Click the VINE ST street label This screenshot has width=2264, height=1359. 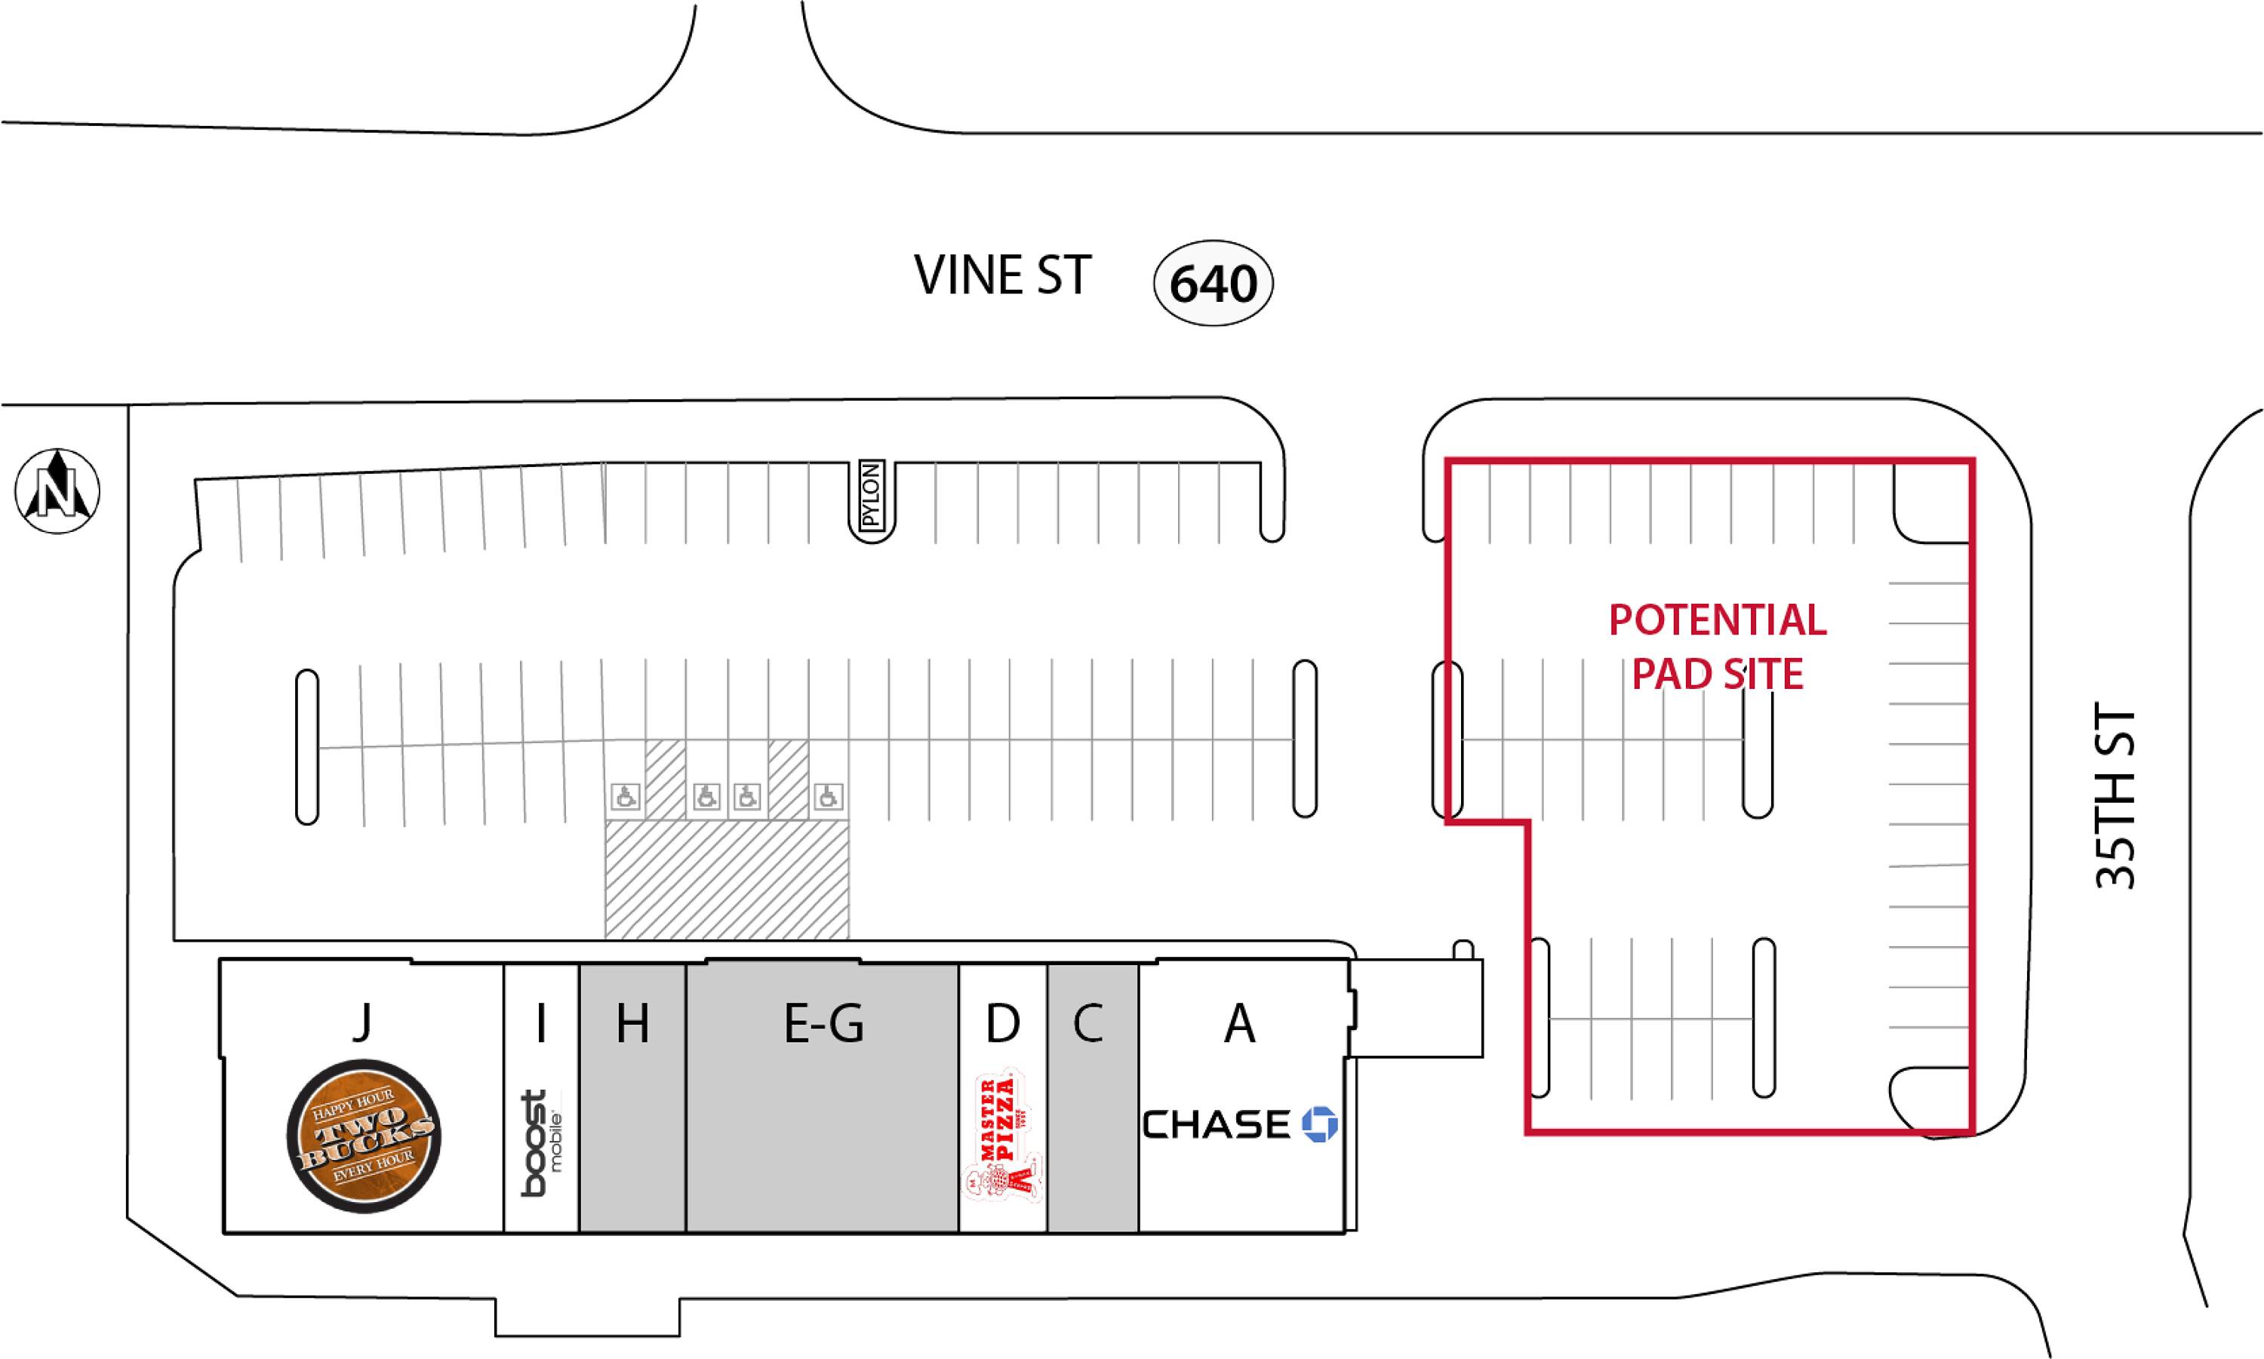[x=1002, y=275]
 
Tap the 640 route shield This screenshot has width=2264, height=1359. [x=1213, y=284]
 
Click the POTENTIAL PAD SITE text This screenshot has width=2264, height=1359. [x=1717, y=647]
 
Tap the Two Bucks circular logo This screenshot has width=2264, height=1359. [x=364, y=1136]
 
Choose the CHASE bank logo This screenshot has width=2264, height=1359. [x=1239, y=1124]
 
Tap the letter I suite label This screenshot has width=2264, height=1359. [x=541, y=1023]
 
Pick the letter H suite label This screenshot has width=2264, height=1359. [x=632, y=1023]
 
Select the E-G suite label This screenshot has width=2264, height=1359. [x=823, y=1023]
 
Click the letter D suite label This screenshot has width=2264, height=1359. [x=1003, y=1023]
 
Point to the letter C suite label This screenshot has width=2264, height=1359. [x=1088, y=1023]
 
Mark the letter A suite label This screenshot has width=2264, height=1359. [x=1239, y=1023]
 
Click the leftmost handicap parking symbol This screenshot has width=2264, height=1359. [x=626, y=797]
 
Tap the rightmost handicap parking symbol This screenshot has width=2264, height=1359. [x=828, y=797]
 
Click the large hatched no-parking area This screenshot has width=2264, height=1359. [x=726, y=879]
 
